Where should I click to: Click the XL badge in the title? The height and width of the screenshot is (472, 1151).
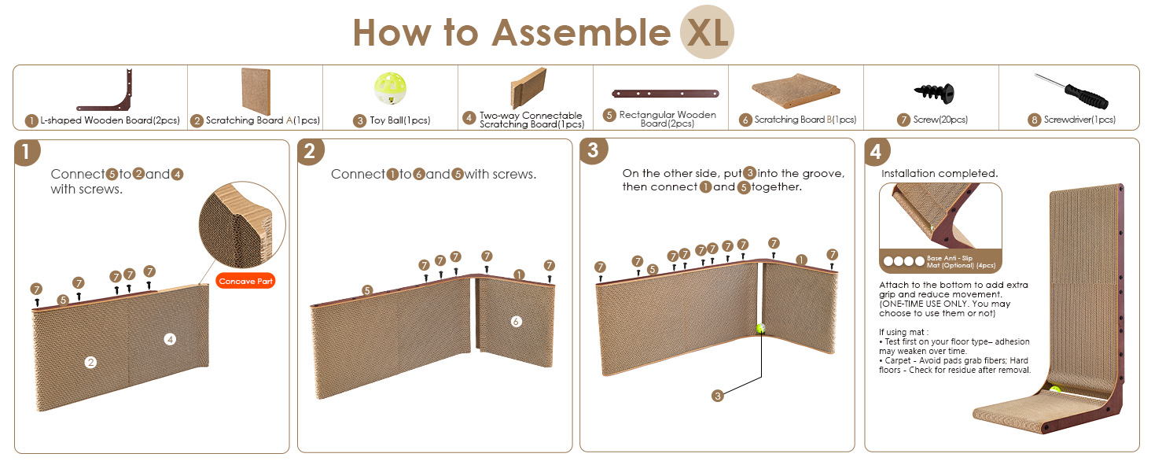coord(707,32)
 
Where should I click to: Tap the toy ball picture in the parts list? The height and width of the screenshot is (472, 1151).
coord(390,88)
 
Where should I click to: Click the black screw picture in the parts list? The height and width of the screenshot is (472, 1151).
coord(934,93)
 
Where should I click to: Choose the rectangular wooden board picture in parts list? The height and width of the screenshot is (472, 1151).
coord(665,94)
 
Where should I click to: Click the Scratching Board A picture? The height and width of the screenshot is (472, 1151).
coord(256,91)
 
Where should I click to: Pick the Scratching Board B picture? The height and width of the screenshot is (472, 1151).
coord(796,90)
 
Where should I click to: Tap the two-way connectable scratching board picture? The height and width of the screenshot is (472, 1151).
coord(528,88)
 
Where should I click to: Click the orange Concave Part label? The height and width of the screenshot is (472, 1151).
coord(245,282)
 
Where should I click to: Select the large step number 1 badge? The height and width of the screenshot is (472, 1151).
coord(27,152)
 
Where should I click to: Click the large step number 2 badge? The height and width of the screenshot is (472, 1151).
coord(310,151)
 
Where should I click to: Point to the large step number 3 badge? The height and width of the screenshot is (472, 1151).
coord(594,151)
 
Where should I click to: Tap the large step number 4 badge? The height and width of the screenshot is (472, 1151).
coord(877,151)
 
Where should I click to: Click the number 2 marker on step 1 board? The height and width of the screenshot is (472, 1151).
coord(91,363)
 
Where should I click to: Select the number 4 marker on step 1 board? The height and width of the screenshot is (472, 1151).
coord(170,339)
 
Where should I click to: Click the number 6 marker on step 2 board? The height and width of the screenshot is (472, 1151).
coord(517,322)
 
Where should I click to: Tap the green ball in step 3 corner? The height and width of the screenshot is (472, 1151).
coord(760,328)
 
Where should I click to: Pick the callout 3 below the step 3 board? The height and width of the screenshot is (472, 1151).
coord(717,396)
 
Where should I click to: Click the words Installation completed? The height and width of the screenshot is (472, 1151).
coord(940,174)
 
